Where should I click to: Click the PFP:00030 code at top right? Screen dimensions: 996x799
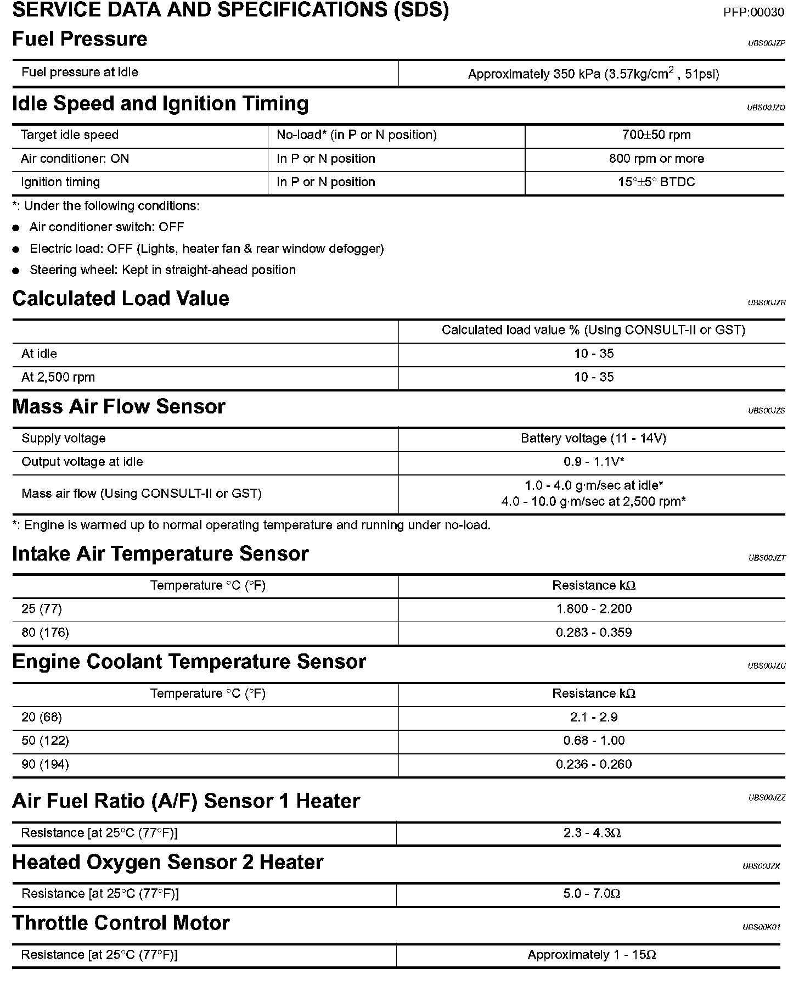pyautogui.click(x=753, y=13)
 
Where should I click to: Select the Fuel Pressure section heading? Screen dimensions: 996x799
pyautogui.click(x=80, y=39)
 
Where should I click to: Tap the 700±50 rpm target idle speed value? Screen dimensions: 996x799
pyautogui.click(x=656, y=135)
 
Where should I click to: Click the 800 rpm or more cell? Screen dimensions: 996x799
pyautogui.click(x=656, y=159)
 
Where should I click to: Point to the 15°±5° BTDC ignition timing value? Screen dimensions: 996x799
pyautogui.click(x=656, y=182)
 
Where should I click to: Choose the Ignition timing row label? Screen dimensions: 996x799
pyautogui.click(x=60, y=182)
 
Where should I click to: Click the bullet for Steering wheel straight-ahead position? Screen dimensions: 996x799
pyautogui.click(x=16, y=271)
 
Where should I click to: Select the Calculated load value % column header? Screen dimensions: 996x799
pyautogui.click(x=593, y=330)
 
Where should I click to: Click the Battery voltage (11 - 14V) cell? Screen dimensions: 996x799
pyautogui.click(x=593, y=439)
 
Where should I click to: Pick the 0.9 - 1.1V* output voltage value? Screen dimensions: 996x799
pyautogui.click(x=593, y=462)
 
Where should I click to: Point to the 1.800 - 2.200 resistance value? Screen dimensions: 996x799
pyautogui.click(x=593, y=609)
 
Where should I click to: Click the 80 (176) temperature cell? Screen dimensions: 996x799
pyautogui.click(x=45, y=633)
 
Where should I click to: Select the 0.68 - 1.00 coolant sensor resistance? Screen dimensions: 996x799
pyautogui.click(x=593, y=741)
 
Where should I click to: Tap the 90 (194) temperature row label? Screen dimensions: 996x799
pyautogui.click(x=45, y=764)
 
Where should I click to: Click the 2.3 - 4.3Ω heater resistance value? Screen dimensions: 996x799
pyautogui.click(x=592, y=833)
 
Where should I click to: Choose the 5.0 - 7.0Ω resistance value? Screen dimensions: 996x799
pyautogui.click(x=592, y=893)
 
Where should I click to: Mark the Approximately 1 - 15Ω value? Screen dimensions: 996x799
pyautogui.click(x=592, y=955)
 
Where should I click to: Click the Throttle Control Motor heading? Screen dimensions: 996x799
pyautogui.click(x=121, y=923)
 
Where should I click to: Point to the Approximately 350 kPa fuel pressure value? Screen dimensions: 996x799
pyautogui.click(x=593, y=74)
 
